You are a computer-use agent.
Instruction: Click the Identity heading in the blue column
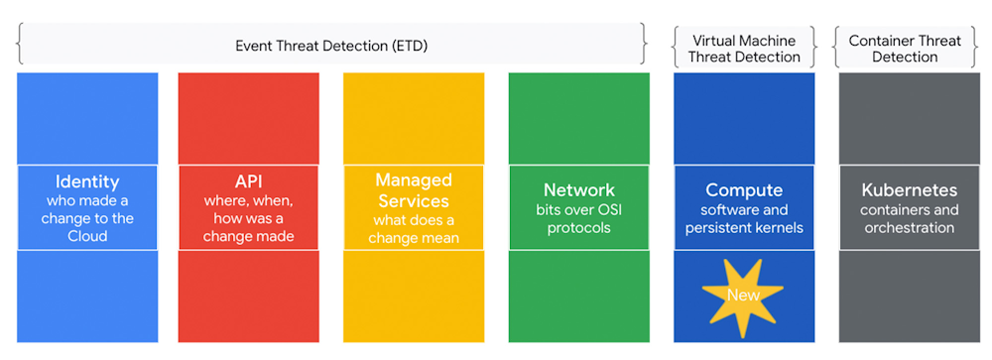coord(87,181)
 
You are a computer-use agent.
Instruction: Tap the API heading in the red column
coord(248,181)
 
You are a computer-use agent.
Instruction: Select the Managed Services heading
coord(413,190)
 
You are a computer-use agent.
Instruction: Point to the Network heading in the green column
coord(578,189)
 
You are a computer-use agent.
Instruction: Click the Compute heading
coord(744,189)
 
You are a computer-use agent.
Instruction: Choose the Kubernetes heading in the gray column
coord(909,189)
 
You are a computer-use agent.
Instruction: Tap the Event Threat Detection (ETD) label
coord(331,46)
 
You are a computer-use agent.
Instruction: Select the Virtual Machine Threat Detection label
coord(744,49)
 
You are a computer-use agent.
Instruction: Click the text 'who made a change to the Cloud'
coord(87,218)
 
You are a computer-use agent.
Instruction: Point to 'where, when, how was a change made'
coord(248,218)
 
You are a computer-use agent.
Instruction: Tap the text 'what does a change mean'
coord(413,228)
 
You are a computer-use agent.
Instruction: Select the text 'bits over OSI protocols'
coord(578,218)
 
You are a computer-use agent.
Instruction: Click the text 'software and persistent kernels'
coord(744,218)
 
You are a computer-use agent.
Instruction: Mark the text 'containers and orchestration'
coord(909,218)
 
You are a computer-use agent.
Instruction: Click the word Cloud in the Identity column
coord(87,236)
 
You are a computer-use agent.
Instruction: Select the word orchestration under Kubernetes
coord(909,228)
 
